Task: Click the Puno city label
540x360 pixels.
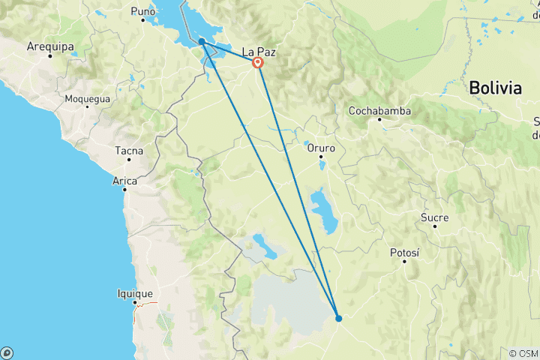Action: point(142,11)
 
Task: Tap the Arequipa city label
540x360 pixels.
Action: point(48,46)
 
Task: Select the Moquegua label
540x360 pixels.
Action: point(87,98)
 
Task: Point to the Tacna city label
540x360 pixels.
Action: point(128,151)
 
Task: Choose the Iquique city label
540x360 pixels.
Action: point(135,293)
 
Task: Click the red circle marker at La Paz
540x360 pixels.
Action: point(258,63)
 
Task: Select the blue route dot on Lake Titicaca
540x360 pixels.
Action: point(202,42)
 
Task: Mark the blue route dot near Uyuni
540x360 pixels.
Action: point(339,318)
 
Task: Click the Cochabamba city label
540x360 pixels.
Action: point(379,111)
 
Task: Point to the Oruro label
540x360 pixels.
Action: point(321,148)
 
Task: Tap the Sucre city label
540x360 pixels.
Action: point(434,217)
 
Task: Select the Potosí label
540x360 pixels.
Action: point(404,253)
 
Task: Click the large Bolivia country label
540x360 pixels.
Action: point(495,88)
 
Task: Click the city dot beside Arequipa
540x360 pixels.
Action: point(50,55)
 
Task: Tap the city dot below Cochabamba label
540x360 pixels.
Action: point(379,120)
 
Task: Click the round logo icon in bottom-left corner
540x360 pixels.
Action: point(7,352)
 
